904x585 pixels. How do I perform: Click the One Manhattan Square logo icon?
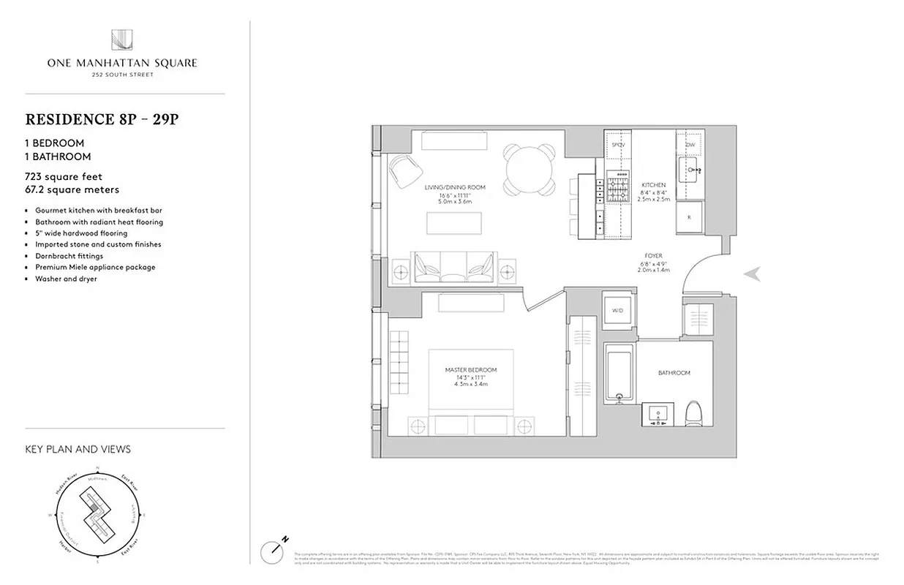(x=121, y=40)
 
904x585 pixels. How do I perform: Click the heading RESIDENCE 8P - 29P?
(x=102, y=119)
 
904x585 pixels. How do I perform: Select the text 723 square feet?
(x=64, y=176)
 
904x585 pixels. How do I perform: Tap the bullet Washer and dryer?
(x=66, y=279)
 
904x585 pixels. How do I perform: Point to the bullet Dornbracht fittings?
(x=69, y=256)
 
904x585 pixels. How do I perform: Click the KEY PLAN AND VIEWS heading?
(x=78, y=449)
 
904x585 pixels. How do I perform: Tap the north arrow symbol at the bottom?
(x=273, y=550)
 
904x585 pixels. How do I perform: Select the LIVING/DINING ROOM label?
(x=454, y=187)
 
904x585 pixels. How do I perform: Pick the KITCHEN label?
(x=653, y=185)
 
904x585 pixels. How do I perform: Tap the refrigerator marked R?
(x=688, y=217)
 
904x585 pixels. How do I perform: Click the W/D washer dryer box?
(x=616, y=311)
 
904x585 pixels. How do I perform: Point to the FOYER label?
(x=654, y=256)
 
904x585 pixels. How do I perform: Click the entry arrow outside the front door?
(x=752, y=274)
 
